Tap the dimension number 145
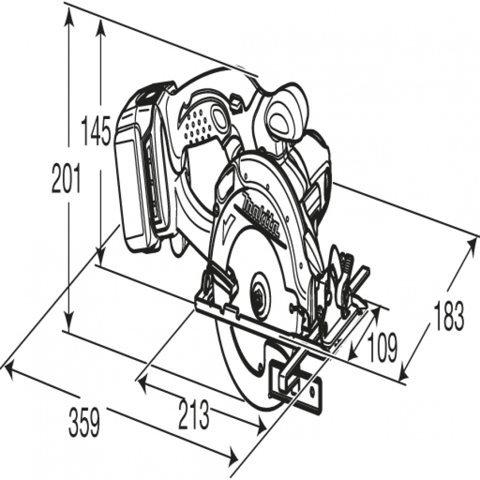[95, 131]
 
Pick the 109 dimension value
[382, 347]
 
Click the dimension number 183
[448, 316]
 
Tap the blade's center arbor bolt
[259, 295]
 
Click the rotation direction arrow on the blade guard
[229, 221]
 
